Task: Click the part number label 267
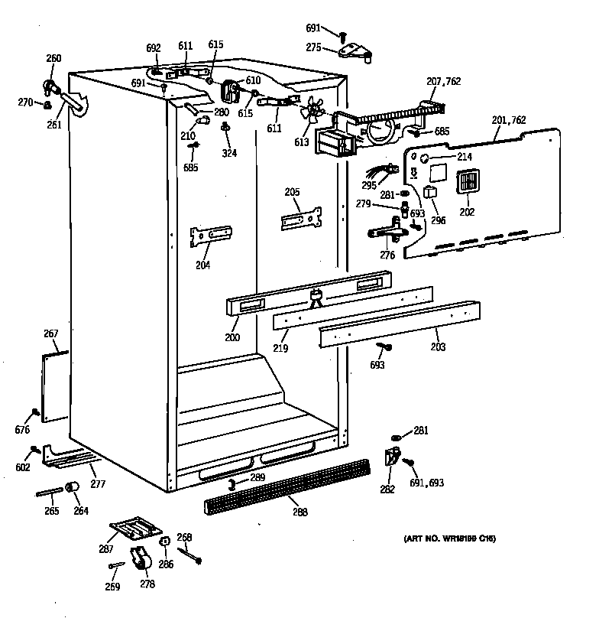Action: [x=51, y=333]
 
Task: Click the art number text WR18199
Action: [x=449, y=539]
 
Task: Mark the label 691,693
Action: [x=427, y=483]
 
